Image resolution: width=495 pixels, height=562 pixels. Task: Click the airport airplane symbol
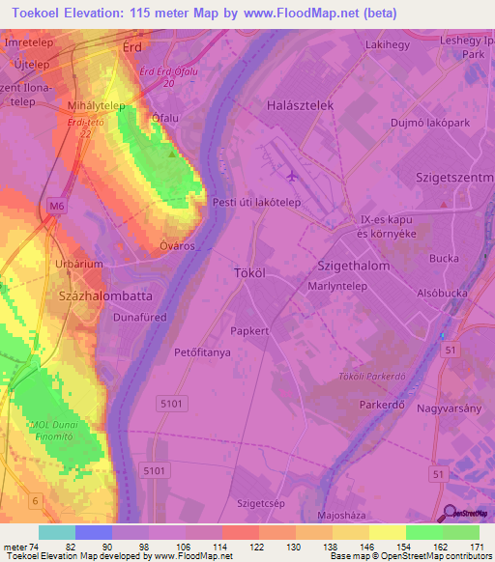(x=292, y=175)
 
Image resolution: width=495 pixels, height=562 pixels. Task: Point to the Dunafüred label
(x=140, y=316)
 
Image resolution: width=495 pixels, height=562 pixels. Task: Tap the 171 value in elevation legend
(x=477, y=547)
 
